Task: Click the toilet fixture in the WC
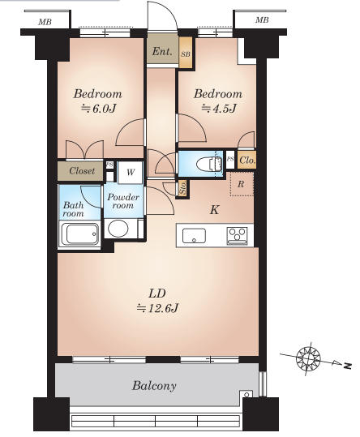click(x=209, y=164)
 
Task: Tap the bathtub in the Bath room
click(x=80, y=233)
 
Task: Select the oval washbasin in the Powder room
click(x=118, y=228)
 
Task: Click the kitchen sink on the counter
click(x=194, y=235)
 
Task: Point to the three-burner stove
click(x=237, y=236)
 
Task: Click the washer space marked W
click(x=130, y=173)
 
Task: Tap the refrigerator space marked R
click(x=242, y=184)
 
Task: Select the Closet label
click(x=82, y=170)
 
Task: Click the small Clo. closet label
click(x=246, y=161)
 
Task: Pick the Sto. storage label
click(x=182, y=189)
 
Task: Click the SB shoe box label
click(x=186, y=54)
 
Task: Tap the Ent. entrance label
click(x=162, y=51)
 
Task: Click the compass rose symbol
click(x=308, y=358)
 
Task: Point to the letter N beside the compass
click(x=348, y=366)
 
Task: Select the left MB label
click(x=45, y=22)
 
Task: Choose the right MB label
click(x=262, y=19)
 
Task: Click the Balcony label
click(x=154, y=386)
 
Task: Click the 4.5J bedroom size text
click(x=219, y=108)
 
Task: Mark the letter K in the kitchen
click(x=214, y=209)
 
